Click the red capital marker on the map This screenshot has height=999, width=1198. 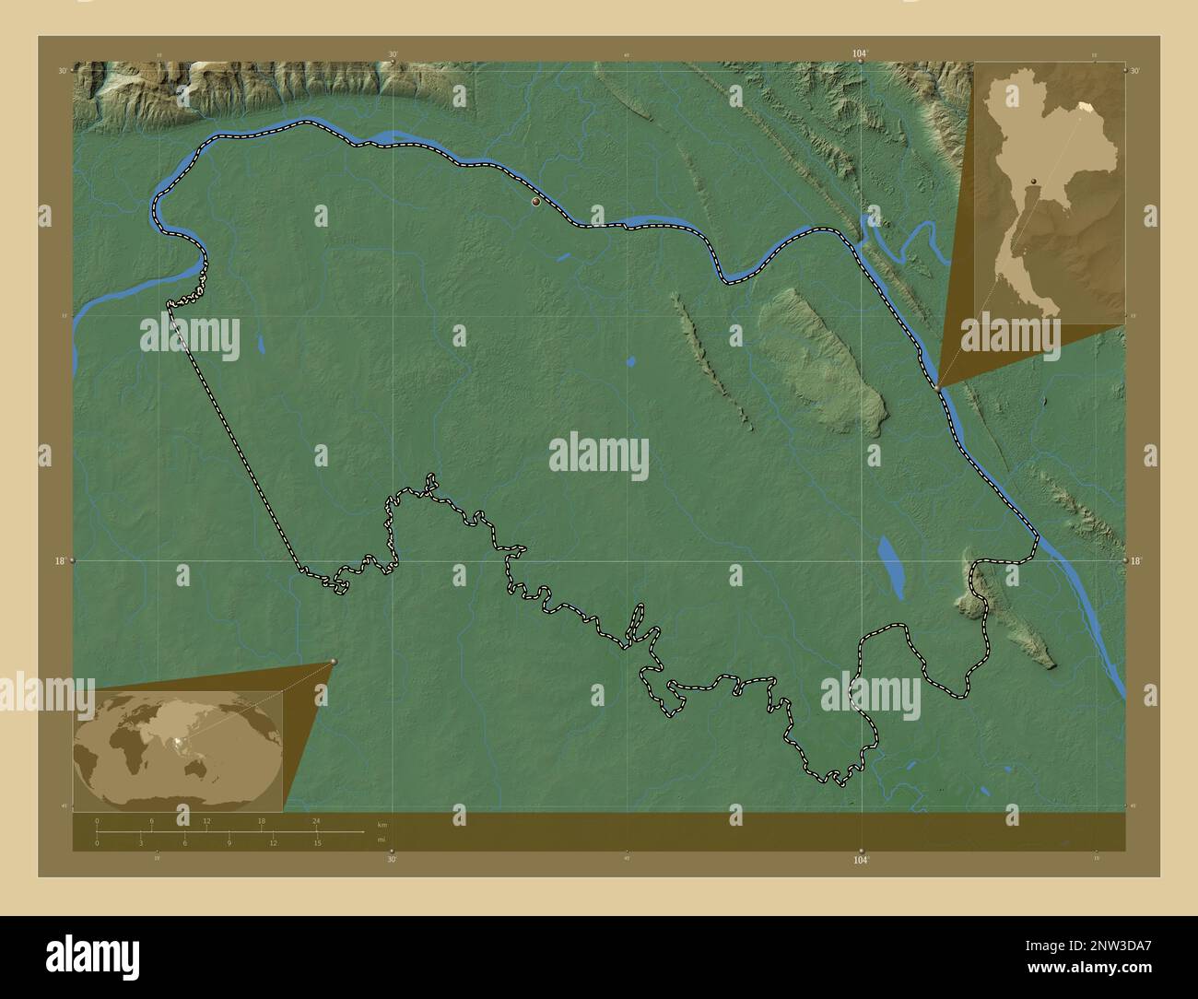[535, 201]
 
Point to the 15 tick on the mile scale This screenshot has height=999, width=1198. [316, 842]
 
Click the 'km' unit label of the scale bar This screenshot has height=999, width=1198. [382, 824]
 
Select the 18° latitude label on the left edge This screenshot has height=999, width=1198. [60, 560]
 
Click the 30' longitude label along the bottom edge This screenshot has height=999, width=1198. [392, 860]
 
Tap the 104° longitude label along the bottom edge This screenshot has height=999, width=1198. [861, 860]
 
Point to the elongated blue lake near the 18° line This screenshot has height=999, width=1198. [891, 564]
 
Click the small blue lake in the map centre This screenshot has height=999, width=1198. [630, 361]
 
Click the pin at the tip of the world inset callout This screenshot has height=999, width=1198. [334, 662]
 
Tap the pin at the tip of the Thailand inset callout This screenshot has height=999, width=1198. [939, 388]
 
